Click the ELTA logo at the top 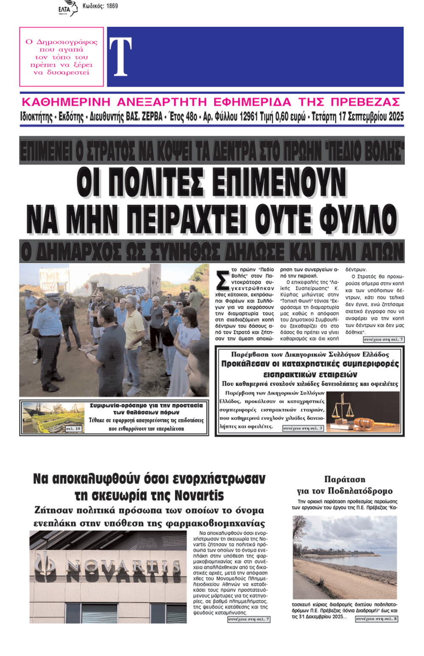pyautogui.click(x=67, y=8)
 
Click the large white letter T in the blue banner pyautogui.click(x=120, y=57)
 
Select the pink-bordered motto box pyautogui.click(x=61, y=57)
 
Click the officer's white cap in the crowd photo pyautogui.click(x=53, y=296)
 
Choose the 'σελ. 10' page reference pyautogui.click(x=73, y=429)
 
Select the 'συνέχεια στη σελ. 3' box pyautogui.click(x=303, y=428)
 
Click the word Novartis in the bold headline pyautogui.click(x=199, y=496)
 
